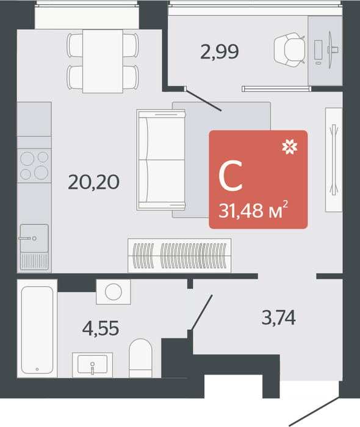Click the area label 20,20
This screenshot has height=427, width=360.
coord(94,182)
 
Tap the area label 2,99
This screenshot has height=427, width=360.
coord(220,51)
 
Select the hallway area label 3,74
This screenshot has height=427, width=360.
coord(279,317)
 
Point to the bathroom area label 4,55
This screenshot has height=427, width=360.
coord(101,328)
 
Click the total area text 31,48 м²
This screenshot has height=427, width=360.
coord(253,210)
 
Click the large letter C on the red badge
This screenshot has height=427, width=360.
coord(231,176)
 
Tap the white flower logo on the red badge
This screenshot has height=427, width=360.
coord(289,146)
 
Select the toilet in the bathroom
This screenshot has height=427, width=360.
coord(140,358)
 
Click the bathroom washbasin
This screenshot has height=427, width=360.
coord(92,365)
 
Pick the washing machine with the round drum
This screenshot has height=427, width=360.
coord(113,292)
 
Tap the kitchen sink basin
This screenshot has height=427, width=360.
coord(34,239)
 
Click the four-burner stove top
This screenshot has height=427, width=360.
coord(34,165)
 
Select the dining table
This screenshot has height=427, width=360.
coord(103,61)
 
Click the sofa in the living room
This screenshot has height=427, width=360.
coord(161,160)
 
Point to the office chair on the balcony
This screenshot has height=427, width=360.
coord(289,50)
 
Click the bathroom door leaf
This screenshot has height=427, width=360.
coord(202,312)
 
